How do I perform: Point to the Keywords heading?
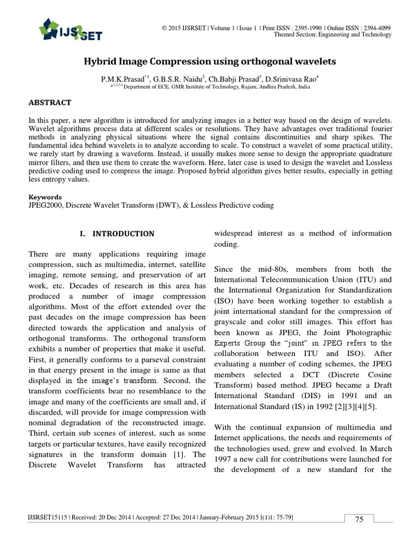click(44, 197)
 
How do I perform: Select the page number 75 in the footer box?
click(359, 520)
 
